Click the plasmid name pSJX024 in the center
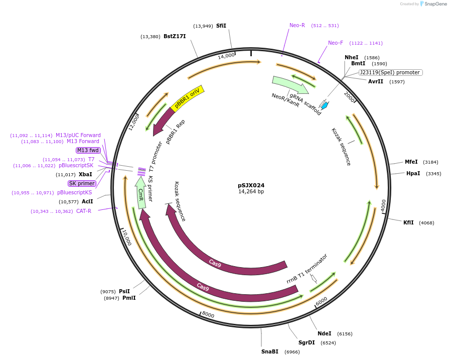tap(251, 185)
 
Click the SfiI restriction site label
tap(221, 26)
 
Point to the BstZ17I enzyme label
tap(175, 36)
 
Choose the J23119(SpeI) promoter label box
tap(390, 72)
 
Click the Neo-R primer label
tap(297, 25)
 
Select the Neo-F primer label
tap(336, 43)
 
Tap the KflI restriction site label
tap(408, 222)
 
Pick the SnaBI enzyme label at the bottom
tap(269, 351)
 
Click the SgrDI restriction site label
tap(307, 342)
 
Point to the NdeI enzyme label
tap(324, 333)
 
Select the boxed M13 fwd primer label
tap(88, 150)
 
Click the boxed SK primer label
tap(82, 183)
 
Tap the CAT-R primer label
tap(84, 211)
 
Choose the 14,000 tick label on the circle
tap(226, 56)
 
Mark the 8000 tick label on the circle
tap(208, 315)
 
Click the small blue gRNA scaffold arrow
tap(325, 105)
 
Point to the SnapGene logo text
tap(434, 4)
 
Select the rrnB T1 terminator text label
tap(307, 269)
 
